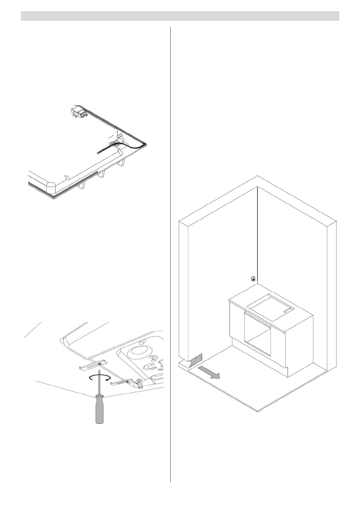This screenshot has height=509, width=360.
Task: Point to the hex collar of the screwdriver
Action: point(99,397)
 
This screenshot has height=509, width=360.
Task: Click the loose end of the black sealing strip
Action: point(98,153)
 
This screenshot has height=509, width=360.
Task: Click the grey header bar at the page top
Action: point(180,16)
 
